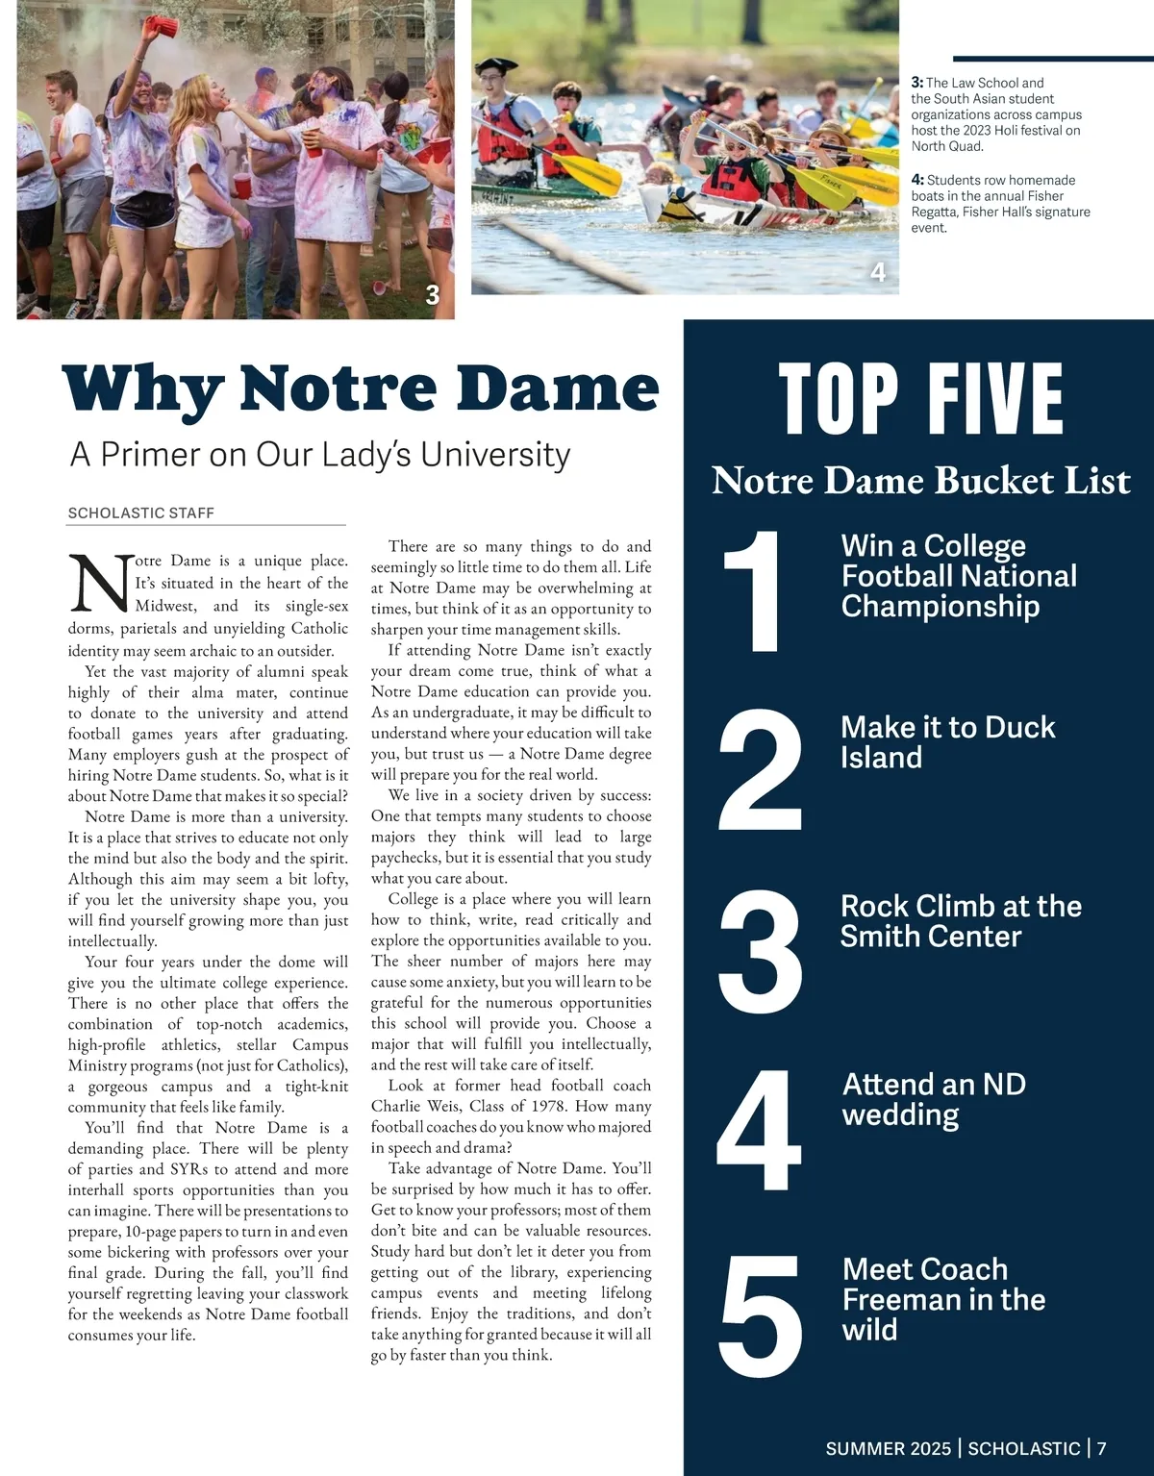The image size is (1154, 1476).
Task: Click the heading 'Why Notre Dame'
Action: click(361, 388)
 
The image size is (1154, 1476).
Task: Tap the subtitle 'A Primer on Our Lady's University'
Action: click(320, 455)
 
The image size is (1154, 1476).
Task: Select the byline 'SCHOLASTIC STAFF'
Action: click(141, 513)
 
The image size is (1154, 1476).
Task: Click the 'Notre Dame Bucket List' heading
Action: click(920, 481)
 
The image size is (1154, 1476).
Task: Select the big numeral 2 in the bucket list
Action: click(760, 771)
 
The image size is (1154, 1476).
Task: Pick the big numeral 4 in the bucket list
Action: click(759, 1130)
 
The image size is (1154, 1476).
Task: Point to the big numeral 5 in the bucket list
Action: click(760, 1314)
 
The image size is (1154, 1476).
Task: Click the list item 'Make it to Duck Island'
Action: click(947, 742)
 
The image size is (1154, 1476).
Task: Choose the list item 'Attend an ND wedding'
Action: click(934, 1099)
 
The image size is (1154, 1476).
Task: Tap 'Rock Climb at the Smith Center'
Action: click(961, 921)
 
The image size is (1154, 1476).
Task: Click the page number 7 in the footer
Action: click(1102, 1448)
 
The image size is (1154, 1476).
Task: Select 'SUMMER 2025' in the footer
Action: click(888, 1448)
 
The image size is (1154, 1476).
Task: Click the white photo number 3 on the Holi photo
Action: click(433, 295)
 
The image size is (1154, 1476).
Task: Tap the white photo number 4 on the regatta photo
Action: click(878, 273)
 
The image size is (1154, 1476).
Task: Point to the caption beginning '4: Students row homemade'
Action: click(1000, 204)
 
